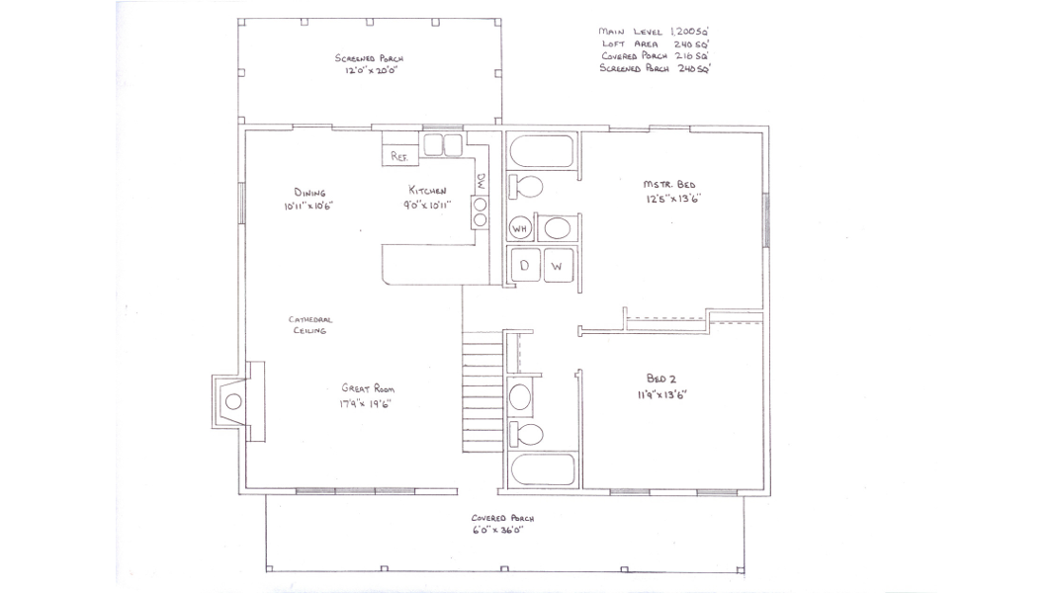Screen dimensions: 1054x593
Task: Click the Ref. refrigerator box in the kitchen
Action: click(x=400, y=156)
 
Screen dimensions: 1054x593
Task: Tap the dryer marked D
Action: click(x=524, y=265)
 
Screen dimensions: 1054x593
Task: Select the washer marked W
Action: click(x=558, y=265)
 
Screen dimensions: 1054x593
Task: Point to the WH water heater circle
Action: click(x=520, y=228)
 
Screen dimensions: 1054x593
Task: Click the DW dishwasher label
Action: click(x=482, y=181)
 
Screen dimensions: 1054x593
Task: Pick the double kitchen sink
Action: click(x=443, y=145)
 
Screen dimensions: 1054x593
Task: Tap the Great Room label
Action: click(x=368, y=388)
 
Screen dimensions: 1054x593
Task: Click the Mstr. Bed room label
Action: click(x=668, y=184)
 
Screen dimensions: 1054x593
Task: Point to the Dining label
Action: click(x=309, y=193)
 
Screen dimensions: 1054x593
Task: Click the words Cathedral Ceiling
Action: click(x=309, y=325)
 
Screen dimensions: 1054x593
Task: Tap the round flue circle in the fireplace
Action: click(x=233, y=401)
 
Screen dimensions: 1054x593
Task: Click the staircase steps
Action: click(x=482, y=391)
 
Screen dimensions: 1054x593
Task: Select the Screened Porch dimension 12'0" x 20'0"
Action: click(x=371, y=70)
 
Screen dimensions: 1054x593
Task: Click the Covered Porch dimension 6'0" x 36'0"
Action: click(x=497, y=531)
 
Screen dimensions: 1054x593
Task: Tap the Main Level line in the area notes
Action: click(x=654, y=31)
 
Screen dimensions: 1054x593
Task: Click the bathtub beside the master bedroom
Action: click(x=542, y=151)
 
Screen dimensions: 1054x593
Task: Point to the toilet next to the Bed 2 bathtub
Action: click(x=525, y=434)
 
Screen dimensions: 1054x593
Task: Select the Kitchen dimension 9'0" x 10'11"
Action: click(x=427, y=205)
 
